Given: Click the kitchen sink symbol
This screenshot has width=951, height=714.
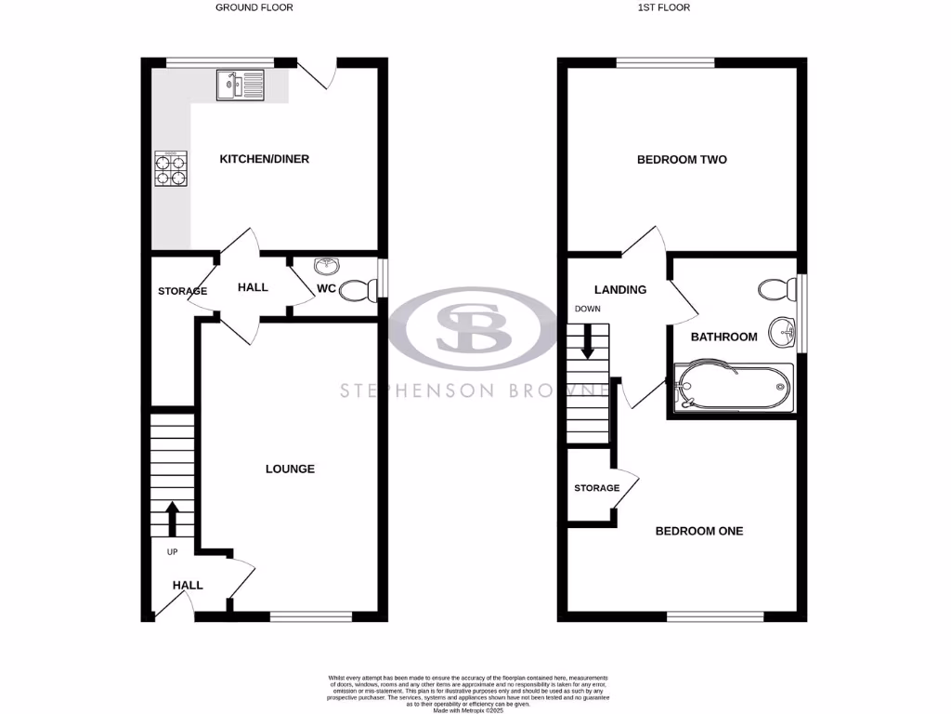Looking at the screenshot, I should click(x=241, y=86).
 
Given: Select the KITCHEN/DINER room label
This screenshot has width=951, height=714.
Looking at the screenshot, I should click(x=264, y=159).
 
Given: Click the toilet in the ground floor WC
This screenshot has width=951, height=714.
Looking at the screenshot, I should click(x=358, y=292).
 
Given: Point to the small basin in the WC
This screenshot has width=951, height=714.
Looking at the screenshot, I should click(x=326, y=267).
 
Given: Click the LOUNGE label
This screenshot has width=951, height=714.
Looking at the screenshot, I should click(x=290, y=469).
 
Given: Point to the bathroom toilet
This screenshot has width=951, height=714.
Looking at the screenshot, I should click(x=776, y=289).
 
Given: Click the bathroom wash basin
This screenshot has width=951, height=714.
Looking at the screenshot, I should click(x=786, y=328).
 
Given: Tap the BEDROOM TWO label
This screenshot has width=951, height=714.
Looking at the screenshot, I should click(x=682, y=160).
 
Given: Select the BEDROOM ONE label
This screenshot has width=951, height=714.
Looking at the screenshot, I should click(x=699, y=531).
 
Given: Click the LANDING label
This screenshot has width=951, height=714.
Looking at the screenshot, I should click(x=620, y=289).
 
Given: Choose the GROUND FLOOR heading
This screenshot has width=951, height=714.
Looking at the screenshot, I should click(x=254, y=7).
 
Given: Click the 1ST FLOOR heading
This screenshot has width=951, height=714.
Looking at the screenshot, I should click(x=663, y=7).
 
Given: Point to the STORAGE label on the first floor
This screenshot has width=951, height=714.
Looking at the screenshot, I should click(x=596, y=488).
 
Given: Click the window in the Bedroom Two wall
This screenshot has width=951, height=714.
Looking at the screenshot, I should click(x=665, y=62).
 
